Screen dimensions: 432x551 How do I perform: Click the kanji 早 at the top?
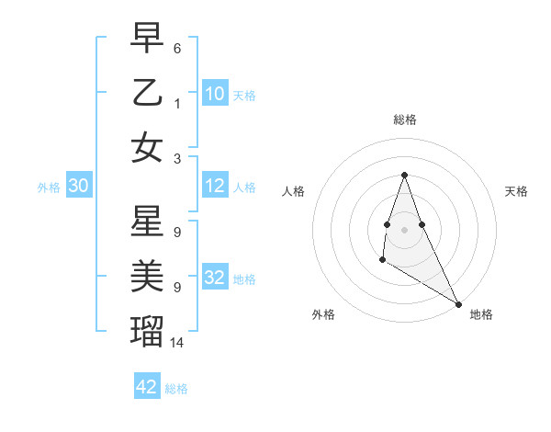click(147, 38)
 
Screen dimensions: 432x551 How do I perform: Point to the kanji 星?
click(147, 222)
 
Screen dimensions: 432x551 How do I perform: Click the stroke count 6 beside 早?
click(177, 48)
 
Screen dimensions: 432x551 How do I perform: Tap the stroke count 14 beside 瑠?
click(178, 342)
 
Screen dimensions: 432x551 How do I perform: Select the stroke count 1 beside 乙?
click(177, 103)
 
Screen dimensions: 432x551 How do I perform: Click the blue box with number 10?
click(215, 93)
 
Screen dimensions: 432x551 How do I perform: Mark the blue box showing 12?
click(215, 186)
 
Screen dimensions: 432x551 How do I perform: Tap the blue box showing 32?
click(215, 278)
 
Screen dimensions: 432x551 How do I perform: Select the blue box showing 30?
click(78, 186)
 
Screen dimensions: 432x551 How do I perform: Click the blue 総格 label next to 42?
click(176, 389)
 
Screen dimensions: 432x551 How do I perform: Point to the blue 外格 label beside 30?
click(49, 188)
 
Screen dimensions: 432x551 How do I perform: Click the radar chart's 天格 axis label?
click(517, 191)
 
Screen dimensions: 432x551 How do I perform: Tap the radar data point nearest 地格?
click(458, 304)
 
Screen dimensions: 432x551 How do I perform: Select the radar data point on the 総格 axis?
click(404, 175)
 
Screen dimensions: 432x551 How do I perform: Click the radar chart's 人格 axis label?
click(294, 191)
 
